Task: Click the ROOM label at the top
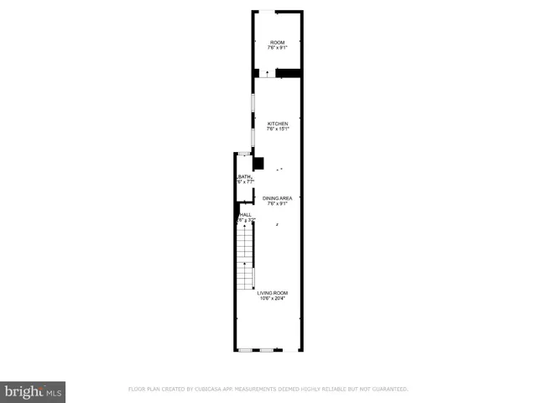point(277,42)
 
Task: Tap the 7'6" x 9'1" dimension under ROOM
point(277,48)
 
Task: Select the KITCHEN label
point(277,123)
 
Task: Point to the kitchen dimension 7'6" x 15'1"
point(277,129)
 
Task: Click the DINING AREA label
point(277,197)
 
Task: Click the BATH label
point(244,176)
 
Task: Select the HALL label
point(245,215)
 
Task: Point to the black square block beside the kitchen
point(258,164)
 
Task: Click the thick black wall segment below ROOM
point(289,73)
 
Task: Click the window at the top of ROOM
point(265,11)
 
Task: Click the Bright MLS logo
point(33,391)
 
